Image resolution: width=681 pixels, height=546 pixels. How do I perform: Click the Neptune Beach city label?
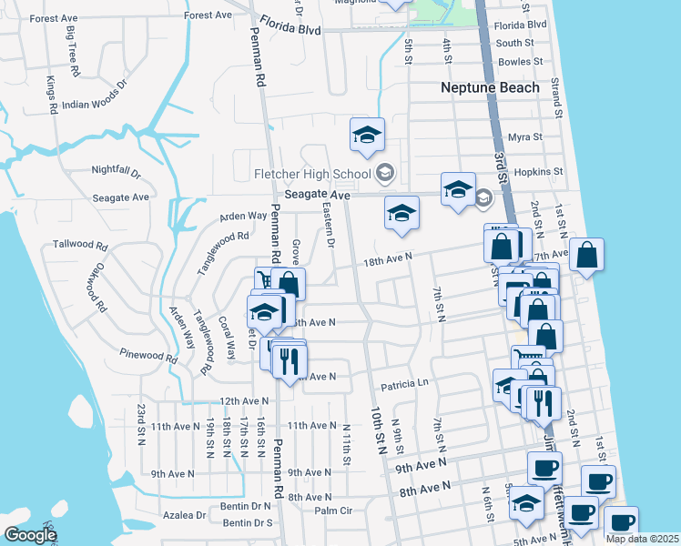click(490, 88)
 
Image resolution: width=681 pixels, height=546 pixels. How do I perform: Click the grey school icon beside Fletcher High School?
click(384, 173)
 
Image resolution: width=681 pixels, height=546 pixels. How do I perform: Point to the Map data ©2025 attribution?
click(642, 539)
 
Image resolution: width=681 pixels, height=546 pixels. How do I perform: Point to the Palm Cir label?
click(333, 511)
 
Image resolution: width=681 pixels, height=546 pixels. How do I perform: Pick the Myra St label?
click(524, 137)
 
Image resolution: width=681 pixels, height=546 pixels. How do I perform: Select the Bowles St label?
click(521, 62)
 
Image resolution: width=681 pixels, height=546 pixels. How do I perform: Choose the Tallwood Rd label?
click(80, 246)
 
